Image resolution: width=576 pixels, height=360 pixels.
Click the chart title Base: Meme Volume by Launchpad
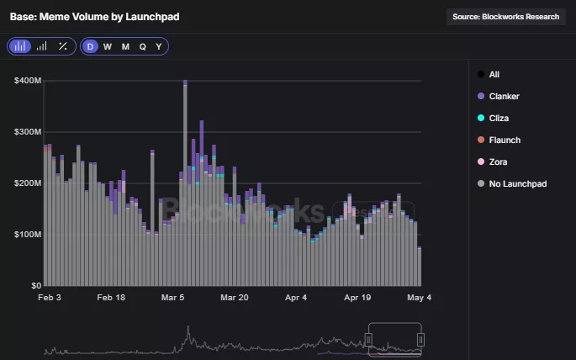[94, 17]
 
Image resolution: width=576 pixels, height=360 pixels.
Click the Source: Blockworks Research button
[505, 17]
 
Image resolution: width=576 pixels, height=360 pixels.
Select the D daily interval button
[90, 46]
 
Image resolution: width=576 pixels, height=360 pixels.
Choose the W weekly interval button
[108, 46]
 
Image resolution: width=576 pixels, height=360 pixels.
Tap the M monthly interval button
[125, 46]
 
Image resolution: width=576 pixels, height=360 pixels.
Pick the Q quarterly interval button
[142, 46]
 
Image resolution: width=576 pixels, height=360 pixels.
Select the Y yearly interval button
[159, 46]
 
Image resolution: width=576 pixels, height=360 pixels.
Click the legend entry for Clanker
[503, 96]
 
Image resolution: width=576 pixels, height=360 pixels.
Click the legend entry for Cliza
[498, 118]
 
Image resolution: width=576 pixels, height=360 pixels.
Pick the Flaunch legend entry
[504, 140]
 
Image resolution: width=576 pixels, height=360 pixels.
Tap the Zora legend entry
[497, 161]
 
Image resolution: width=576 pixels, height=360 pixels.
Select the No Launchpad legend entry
[517, 183]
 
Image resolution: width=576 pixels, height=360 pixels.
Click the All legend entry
[494, 74]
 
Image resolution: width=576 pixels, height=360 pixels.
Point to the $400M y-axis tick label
[28, 81]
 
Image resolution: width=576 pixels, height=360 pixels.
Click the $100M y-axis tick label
[28, 234]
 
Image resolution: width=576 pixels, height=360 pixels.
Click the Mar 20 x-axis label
[235, 298]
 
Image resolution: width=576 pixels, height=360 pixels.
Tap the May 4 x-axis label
[419, 298]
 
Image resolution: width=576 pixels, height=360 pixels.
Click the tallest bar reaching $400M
[185, 185]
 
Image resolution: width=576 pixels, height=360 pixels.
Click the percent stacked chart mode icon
[62, 46]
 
